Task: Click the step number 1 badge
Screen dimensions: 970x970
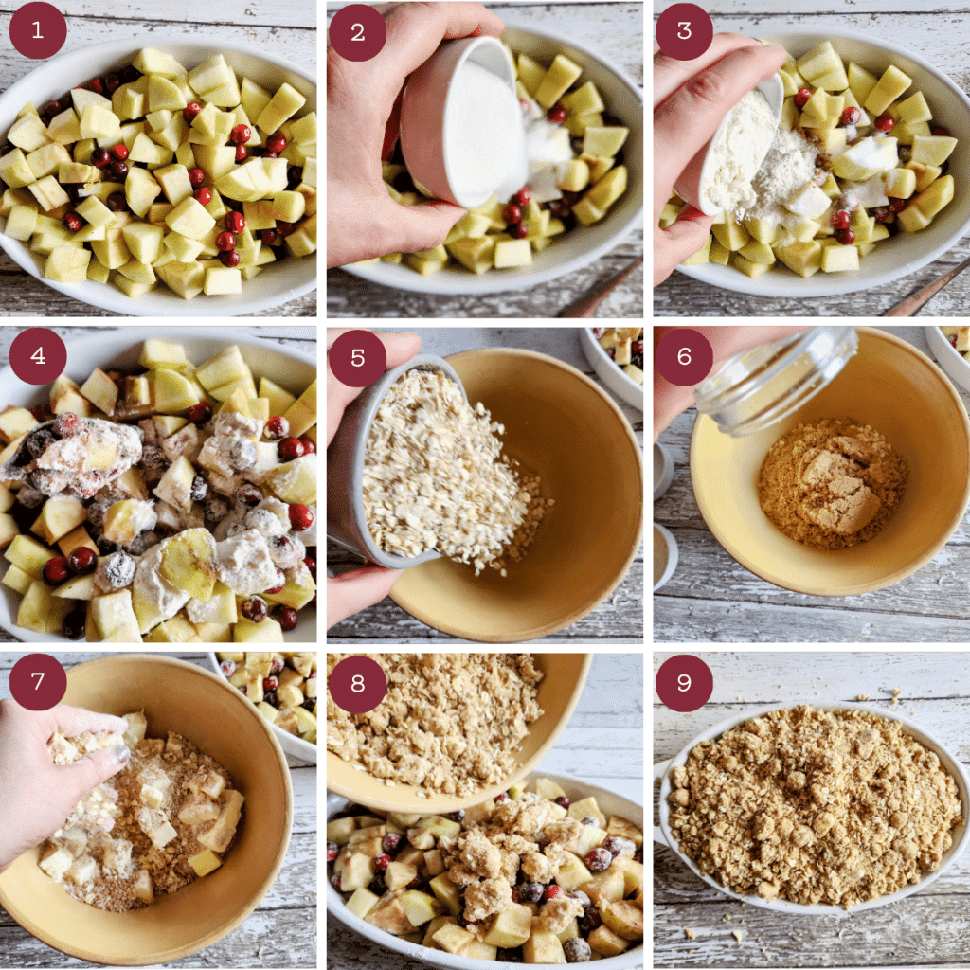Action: click(x=38, y=30)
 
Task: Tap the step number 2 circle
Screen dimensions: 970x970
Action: click(x=357, y=32)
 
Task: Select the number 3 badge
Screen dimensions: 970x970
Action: click(x=684, y=30)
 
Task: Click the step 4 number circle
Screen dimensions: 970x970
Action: click(x=38, y=356)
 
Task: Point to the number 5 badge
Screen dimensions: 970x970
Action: click(x=357, y=357)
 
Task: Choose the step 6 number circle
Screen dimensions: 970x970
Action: click(x=684, y=357)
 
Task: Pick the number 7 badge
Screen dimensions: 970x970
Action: click(x=38, y=682)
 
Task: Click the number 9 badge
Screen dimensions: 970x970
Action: click(x=684, y=683)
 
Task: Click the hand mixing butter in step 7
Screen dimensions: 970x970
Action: click(x=57, y=777)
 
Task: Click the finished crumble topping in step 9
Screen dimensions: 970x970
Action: click(x=815, y=805)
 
